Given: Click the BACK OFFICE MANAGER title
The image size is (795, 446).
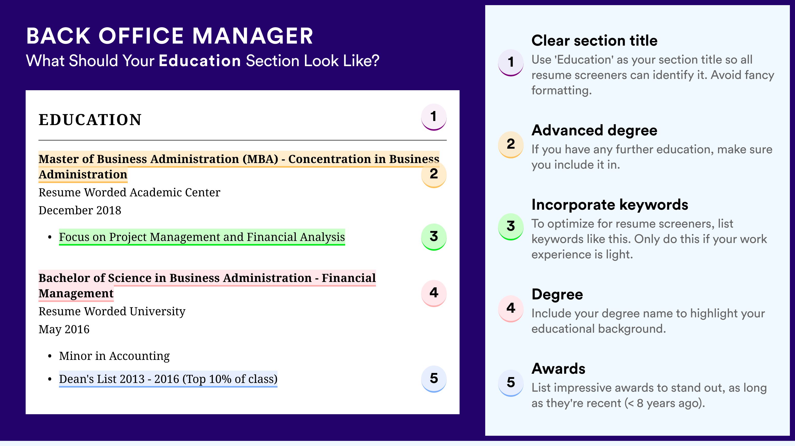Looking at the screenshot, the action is pyautogui.click(x=170, y=36).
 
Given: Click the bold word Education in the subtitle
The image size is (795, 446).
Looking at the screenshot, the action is pyautogui.click(x=200, y=60).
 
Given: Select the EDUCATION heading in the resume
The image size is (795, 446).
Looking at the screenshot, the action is pyautogui.click(x=90, y=120).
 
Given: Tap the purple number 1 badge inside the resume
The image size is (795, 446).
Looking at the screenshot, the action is pyautogui.click(x=434, y=117).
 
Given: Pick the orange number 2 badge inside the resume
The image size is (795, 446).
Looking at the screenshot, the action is pyautogui.click(x=434, y=174).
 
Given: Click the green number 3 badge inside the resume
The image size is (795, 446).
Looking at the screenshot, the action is pyautogui.click(x=434, y=237).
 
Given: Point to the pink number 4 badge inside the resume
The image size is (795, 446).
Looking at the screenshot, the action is pyautogui.click(x=434, y=293).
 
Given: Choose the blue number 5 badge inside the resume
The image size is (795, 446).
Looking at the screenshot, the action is pyautogui.click(x=434, y=379).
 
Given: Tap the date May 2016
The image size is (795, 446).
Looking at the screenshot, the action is pyautogui.click(x=64, y=329).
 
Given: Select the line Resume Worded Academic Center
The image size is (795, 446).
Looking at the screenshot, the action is pyautogui.click(x=129, y=192).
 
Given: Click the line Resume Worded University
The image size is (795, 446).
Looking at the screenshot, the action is pyautogui.click(x=112, y=311).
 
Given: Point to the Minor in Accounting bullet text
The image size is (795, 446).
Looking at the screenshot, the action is pyautogui.click(x=114, y=356).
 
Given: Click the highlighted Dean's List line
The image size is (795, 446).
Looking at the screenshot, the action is pyautogui.click(x=168, y=379).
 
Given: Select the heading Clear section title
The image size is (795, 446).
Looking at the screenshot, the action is pyautogui.click(x=594, y=40).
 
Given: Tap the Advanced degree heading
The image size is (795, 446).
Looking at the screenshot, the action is pyautogui.click(x=594, y=130).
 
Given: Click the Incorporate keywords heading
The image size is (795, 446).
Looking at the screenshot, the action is pyautogui.click(x=610, y=205).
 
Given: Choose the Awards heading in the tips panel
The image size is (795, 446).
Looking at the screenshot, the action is pyautogui.click(x=558, y=369).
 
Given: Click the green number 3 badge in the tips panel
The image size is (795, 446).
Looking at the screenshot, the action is pyautogui.click(x=511, y=226).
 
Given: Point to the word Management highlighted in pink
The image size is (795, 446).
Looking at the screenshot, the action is pyautogui.click(x=76, y=293).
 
